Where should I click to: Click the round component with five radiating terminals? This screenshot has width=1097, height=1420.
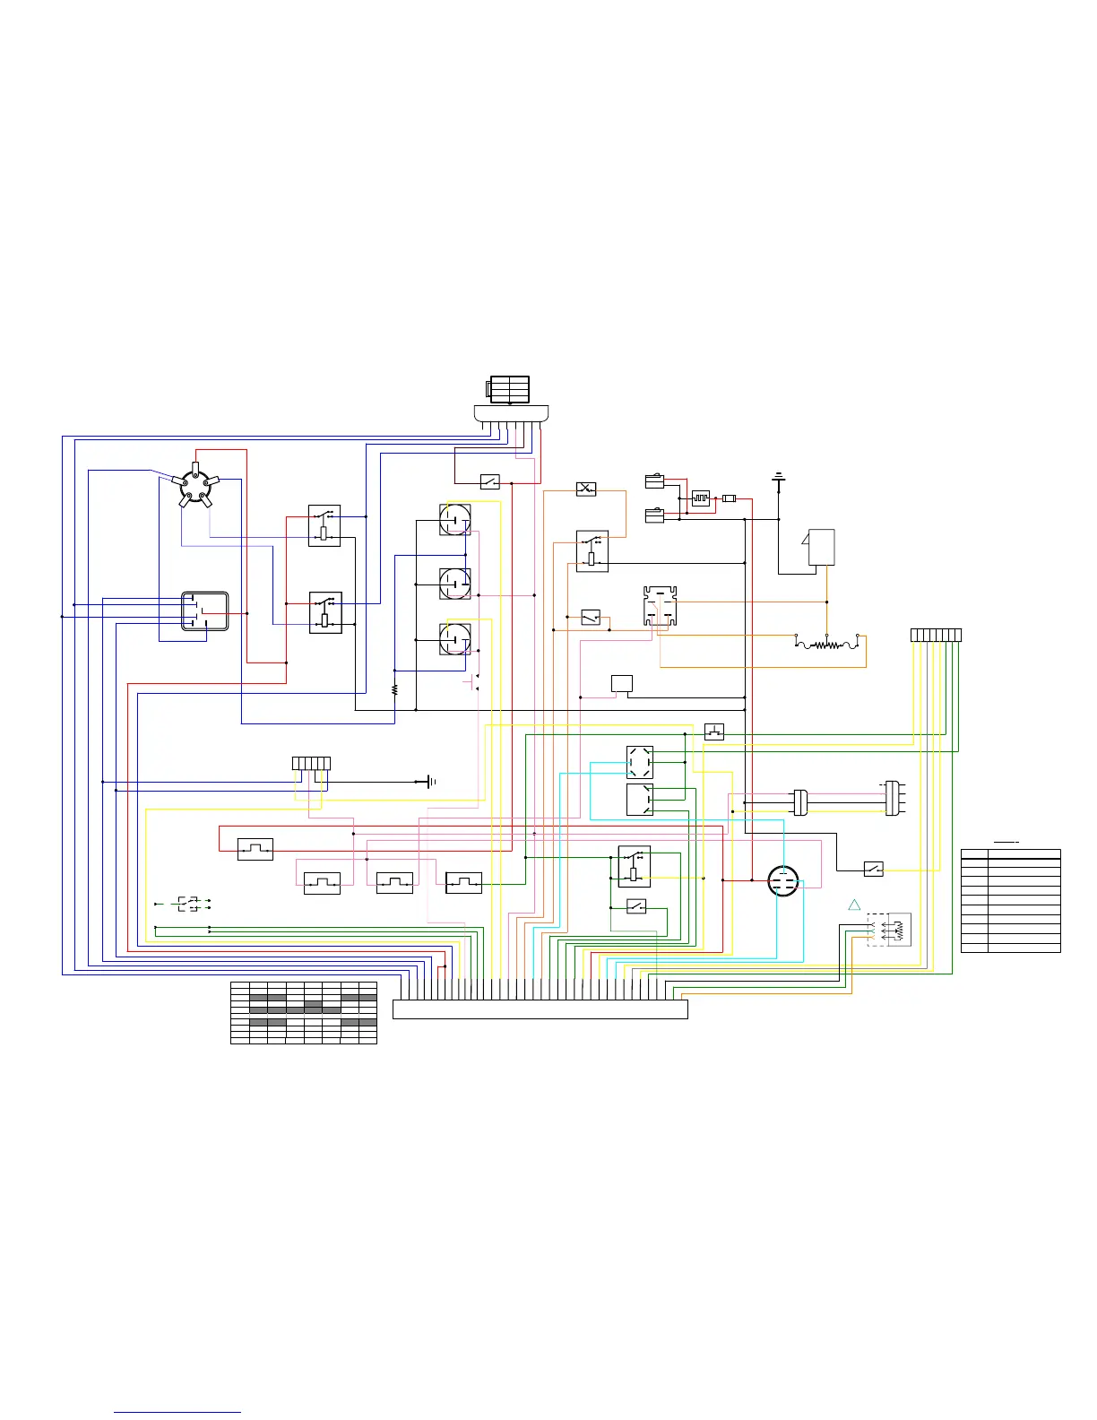[195, 485]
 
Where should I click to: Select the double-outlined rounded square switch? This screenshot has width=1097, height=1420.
[205, 611]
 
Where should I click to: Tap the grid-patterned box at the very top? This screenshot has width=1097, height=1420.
[509, 390]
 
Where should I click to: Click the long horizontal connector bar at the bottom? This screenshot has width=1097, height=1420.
[540, 1009]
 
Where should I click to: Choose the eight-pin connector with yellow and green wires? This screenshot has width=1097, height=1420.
[936, 636]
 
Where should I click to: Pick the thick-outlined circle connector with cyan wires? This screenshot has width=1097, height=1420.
[784, 881]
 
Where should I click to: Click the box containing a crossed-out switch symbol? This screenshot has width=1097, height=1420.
[586, 489]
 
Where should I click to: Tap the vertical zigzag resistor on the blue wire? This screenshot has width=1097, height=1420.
[395, 690]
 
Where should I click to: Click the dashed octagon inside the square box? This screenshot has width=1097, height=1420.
[640, 762]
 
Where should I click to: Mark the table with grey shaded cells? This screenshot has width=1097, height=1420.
[304, 1012]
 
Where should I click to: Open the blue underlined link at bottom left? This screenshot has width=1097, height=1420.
[177, 1412]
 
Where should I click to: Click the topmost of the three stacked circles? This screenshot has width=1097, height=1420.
[455, 519]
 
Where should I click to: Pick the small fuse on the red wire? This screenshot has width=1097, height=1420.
[730, 498]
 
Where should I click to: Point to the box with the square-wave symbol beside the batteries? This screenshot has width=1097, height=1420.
[701, 498]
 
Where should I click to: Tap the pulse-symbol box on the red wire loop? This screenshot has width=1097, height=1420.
[255, 849]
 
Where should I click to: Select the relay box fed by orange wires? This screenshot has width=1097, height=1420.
[592, 551]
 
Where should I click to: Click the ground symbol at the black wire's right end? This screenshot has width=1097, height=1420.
[431, 782]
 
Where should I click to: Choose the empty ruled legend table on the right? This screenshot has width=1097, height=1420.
[1011, 900]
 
